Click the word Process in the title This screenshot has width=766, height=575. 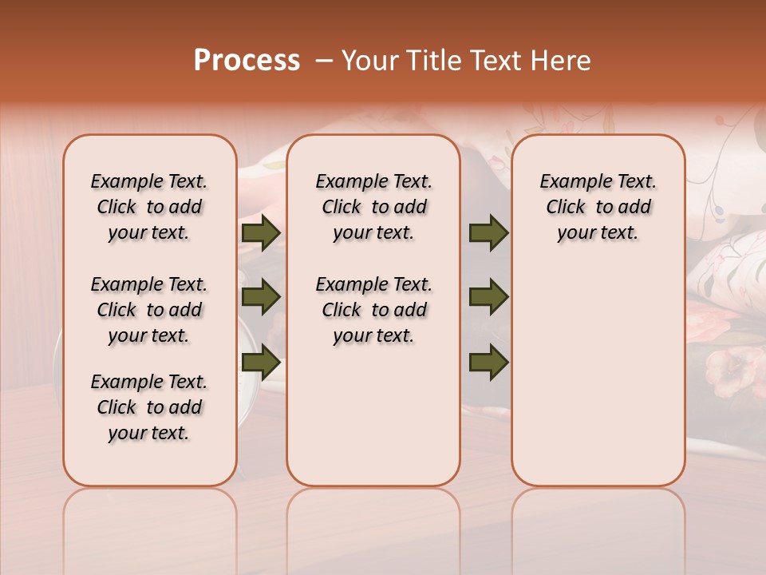(x=246, y=61)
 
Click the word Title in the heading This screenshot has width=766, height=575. (x=431, y=61)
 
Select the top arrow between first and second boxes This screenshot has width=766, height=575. (x=261, y=232)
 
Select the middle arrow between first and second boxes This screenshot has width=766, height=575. (x=261, y=298)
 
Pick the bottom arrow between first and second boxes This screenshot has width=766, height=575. (x=261, y=363)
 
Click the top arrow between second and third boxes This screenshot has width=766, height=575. (x=488, y=232)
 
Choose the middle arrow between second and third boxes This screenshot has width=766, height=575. (x=488, y=298)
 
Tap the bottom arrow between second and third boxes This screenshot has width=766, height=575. (x=488, y=363)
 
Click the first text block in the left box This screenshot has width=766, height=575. (x=149, y=207)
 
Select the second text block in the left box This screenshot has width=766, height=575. (x=149, y=310)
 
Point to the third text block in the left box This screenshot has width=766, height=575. (x=149, y=407)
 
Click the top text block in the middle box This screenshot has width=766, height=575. (x=373, y=207)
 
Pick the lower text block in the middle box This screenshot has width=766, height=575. (x=373, y=310)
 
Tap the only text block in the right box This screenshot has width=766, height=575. (x=598, y=207)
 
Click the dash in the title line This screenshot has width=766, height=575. (x=324, y=61)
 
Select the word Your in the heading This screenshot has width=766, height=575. (x=369, y=61)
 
